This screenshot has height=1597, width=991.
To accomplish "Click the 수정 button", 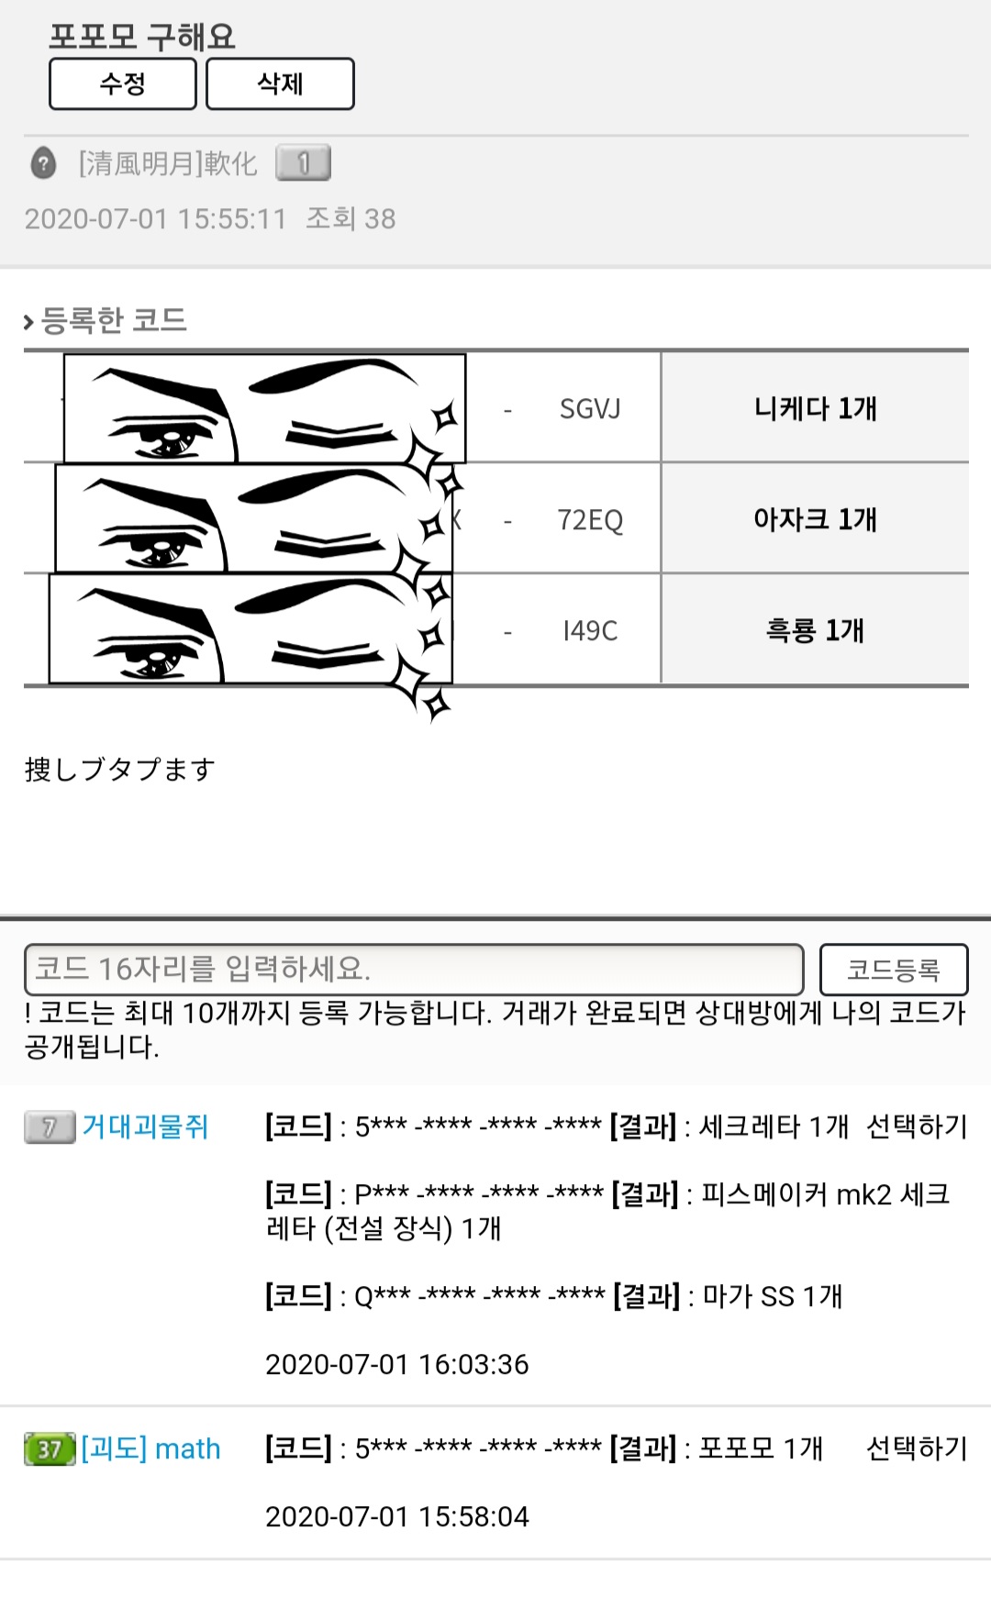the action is coord(123,84).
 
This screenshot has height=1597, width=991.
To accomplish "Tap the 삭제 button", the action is coord(280,84).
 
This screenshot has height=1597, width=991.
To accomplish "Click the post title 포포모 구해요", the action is coord(142,37).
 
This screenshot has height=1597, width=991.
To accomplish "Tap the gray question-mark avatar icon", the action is coord(43,163).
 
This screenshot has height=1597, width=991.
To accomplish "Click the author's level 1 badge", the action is coord(303,163).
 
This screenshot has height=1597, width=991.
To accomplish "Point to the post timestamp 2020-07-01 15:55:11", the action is coord(155,218).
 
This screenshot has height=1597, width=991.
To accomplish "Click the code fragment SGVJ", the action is coord(590,409).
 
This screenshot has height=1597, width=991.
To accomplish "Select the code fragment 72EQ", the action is coord(590,520).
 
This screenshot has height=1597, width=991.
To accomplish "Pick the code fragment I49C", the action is coord(590,631).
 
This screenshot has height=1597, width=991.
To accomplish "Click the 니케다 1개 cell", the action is coord(815,408).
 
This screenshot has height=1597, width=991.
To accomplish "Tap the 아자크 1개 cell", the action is coord(815,519).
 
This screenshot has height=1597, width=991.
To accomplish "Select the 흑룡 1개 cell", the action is coord(815,630).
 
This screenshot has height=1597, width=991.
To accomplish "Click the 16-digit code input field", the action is coord(414,970).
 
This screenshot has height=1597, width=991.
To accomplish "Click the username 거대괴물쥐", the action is coord(145,1126).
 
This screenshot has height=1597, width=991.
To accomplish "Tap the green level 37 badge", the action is coord(50,1449).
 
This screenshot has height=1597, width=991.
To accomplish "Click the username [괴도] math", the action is coord(151,1448).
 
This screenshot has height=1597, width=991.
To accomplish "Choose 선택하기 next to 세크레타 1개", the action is coord(917,1126).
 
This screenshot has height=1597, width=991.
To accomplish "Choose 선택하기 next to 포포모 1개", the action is coord(917,1448).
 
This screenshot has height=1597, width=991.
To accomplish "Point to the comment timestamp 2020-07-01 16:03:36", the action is coord(397,1364).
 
